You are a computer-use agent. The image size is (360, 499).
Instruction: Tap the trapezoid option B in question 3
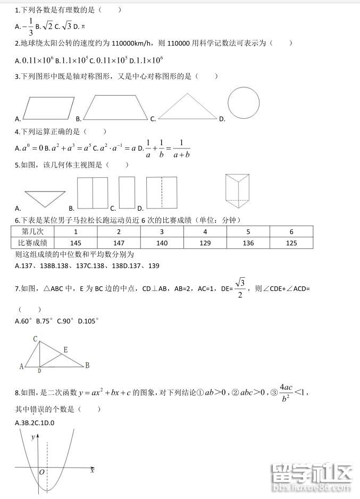(x=116, y=107)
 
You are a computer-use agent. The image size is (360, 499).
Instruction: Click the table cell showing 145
(x=76, y=243)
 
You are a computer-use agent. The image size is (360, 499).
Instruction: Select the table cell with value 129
(x=205, y=243)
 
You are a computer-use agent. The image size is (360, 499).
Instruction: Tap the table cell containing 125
(x=291, y=243)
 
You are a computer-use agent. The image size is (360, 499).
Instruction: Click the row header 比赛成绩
(x=32, y=243)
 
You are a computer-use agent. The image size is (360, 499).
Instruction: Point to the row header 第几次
(x=32, y=231)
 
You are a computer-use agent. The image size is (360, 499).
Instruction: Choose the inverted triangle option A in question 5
(x=44, y=198)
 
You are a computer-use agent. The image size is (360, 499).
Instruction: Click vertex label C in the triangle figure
(x=35, y=339)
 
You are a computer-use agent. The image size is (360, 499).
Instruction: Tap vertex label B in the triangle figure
(x=87, y=365)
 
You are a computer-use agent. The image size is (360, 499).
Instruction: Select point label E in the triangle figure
(x=65, y=350)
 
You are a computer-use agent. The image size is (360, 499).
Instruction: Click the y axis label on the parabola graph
(x=33, y=437)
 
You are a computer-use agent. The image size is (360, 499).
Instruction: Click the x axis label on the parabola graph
(x=93, y=470)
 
